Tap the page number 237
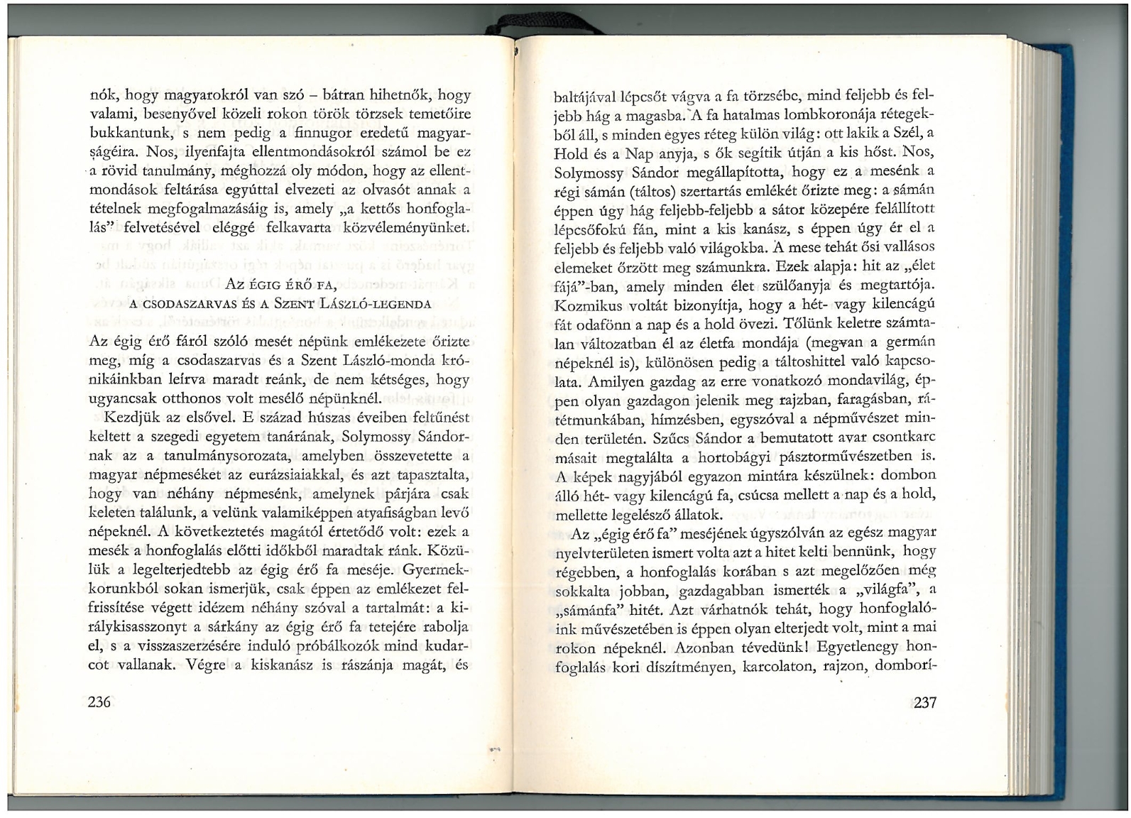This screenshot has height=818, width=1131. tap(924, 703)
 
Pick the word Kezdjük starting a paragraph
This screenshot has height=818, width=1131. tap(133, 417)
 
